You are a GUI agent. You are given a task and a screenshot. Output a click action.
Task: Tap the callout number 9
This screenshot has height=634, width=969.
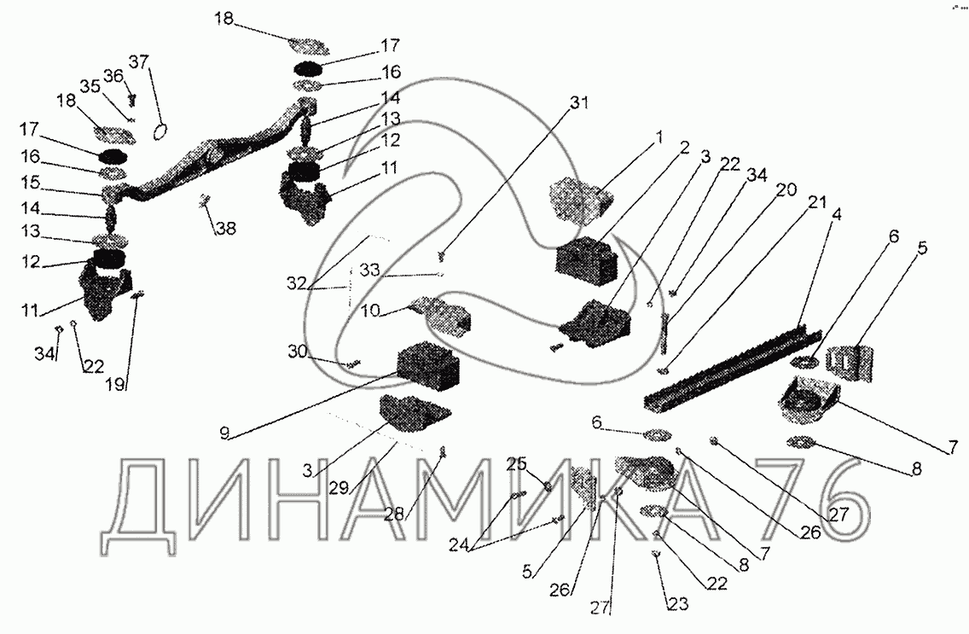[x=223, y=433]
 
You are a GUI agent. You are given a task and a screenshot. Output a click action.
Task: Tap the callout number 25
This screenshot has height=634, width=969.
[x=516, y=464]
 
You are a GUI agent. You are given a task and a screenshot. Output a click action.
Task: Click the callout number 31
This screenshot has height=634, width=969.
[x=579, y=103]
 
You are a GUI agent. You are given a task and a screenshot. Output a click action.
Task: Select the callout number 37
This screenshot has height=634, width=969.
[x=138, y=61]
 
